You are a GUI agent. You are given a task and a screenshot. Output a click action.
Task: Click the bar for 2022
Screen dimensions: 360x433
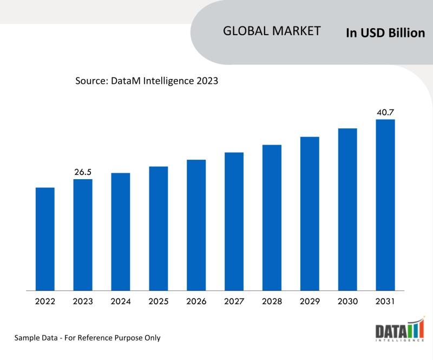45,238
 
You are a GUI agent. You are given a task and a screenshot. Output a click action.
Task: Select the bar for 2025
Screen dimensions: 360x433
159,227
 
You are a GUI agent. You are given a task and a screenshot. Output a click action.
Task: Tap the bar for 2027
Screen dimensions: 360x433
234,221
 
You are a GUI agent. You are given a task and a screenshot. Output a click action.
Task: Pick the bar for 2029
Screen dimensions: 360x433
310,213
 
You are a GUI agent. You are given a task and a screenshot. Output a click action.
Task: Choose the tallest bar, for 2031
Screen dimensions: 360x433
385,204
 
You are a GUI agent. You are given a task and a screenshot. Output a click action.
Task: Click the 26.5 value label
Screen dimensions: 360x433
83,172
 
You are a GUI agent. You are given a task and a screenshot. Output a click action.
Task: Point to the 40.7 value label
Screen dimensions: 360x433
385,113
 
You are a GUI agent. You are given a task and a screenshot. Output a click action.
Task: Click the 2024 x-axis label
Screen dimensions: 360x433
121,302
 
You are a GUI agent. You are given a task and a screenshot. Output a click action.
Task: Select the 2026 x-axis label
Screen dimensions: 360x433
196,302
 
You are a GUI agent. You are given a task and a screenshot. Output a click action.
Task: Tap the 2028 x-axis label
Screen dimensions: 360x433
272,302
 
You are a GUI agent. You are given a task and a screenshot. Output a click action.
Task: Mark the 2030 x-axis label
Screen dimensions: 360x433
347,302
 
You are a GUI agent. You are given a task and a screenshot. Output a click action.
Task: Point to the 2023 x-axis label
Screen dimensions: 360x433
83,302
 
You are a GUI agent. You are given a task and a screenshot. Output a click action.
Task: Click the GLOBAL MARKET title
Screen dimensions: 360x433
272,31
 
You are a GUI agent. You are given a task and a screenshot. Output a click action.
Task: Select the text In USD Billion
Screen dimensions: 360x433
385,33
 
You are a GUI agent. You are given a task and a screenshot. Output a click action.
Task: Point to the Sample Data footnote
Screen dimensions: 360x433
87,338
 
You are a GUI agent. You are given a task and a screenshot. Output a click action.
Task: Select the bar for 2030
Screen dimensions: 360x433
347,208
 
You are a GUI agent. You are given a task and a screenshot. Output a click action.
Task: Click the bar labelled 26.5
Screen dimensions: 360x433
83,234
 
